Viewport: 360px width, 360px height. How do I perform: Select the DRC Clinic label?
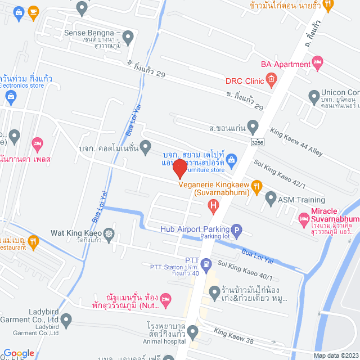click(x=245, y=81)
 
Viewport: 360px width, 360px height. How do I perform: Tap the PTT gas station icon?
click(x=207, y=263)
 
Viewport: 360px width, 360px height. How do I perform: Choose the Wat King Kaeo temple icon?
click(x=108, y=232)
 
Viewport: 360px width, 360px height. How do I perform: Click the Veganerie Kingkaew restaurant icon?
click(x=256, y=184)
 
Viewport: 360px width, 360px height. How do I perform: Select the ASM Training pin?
click(x=271, y=198)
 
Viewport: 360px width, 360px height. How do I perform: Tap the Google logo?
click(x=19, y=353)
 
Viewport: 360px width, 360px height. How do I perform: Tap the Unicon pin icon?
click(x=314, y=98)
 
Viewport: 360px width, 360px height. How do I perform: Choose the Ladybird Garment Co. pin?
click(x=66, y=321)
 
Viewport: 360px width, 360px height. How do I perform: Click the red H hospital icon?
click(x=213, y=206)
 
